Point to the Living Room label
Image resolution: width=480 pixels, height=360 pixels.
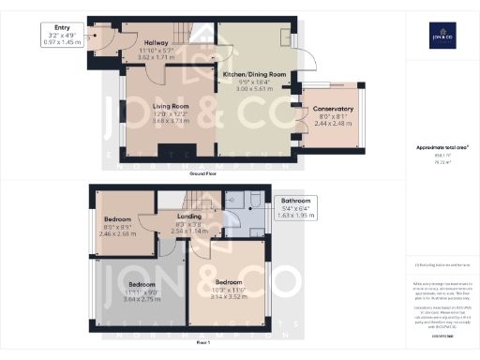coord(172,107)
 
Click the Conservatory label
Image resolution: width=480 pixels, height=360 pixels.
coord(333,109)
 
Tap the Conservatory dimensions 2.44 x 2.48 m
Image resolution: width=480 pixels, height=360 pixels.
coord(333,123)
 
